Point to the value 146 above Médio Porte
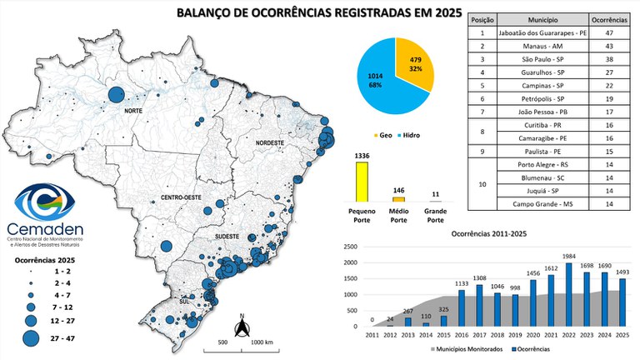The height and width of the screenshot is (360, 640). point(399,191)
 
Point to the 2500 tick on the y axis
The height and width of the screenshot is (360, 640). point(351,247)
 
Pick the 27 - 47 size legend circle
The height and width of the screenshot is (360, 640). point(31,338)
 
